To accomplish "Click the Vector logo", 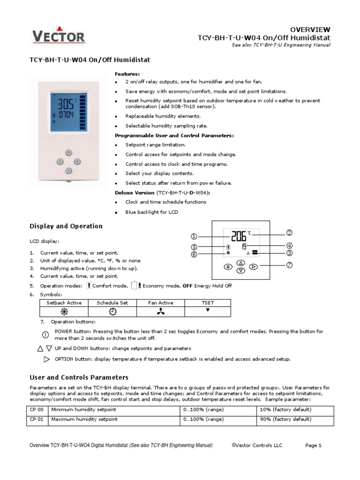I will [x=58, y=37].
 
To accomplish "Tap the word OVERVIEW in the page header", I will [x=310, y=29].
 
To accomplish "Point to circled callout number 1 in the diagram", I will [x=194, y=237].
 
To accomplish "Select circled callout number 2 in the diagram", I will [x=289, y=232].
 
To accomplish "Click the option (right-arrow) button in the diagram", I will [x=254, y=267].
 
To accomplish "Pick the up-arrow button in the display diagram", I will [x=240, y=263].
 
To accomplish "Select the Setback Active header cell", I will [x=64, y=303].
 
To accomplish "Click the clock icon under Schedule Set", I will [x=112, y=312].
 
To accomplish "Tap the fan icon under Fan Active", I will [x=161, y=312].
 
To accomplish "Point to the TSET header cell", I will [x=208, y=303].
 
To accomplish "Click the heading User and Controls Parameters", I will [x=79, y=377].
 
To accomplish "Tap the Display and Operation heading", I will [x=66, y=226].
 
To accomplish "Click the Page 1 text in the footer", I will [x=313, y=446].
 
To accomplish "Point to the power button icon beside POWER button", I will [x=45, y=335].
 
